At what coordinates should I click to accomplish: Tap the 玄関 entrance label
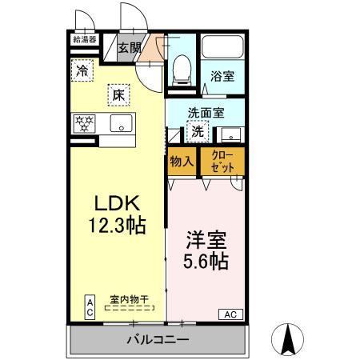tap(130, 47)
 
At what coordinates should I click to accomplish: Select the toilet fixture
tap(180, 70)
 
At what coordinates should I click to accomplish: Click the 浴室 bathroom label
tap(222, 76)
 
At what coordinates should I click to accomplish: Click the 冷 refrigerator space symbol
tap(82, 70)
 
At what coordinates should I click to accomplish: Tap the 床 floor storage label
tap(117, 95)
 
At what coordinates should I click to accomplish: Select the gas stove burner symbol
tap(83, 124)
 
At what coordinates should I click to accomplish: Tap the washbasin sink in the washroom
tap(230, 134)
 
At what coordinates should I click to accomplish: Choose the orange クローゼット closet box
tap(222, 160)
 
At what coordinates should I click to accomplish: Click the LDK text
tap(116, 204)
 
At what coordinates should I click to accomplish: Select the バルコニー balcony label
tap(157, 340)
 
